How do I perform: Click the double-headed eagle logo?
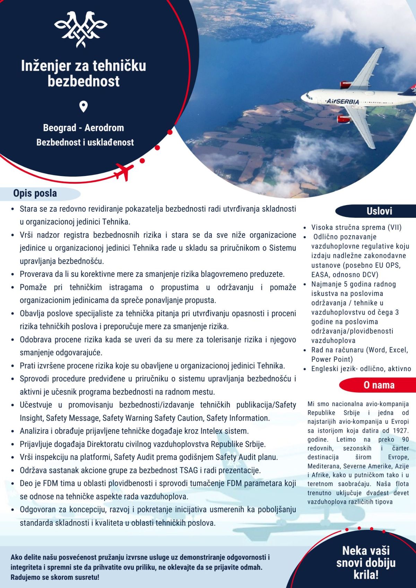(81, 29)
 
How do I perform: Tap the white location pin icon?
(83, 106)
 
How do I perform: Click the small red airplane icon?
(124, 171)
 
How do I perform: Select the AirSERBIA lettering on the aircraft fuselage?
(343, 102)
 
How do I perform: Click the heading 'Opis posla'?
(35, 193)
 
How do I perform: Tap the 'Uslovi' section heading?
(379, 211)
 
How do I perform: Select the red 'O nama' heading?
(379, 385)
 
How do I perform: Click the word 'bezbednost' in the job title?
(84, 81)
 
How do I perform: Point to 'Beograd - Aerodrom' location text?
(84, 128)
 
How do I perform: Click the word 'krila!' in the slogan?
(366, 575)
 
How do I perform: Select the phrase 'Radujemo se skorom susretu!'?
(55, 577)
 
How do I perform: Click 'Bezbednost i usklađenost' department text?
(85, 142)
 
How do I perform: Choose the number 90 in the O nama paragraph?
(405, 440)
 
